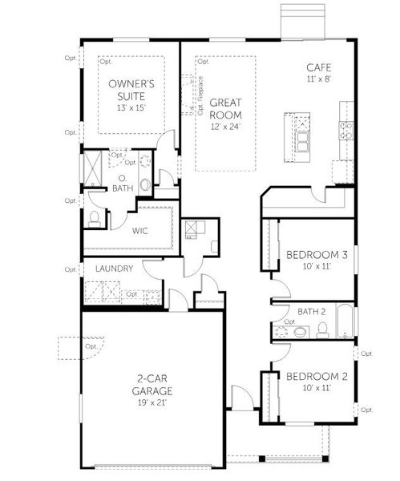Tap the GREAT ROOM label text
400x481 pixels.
click(226, 108)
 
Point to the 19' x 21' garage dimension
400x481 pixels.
click(152, 402)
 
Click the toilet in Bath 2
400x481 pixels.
click(321, 329)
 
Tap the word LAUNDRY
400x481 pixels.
click(113, 269)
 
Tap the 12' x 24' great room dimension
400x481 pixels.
click(226, 126)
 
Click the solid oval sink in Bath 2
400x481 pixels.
click(298, 330)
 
